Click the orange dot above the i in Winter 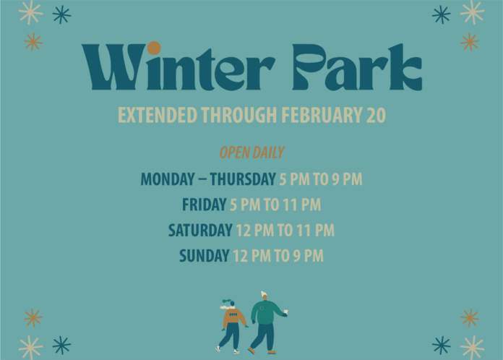tap(154, 48)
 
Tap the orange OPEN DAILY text tap(252, 153)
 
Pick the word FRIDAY tap(204, 205)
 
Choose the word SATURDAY tap(200, 231)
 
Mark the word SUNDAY tap(204, 256)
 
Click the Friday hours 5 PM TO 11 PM tap(275, 205)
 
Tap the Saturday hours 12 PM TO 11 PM tap(285, 231)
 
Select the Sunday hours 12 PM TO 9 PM tap(278, 256)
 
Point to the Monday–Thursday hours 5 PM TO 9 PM tap(321, 179)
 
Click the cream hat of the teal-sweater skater tap(264, 295)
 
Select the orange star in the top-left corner tap(33, 42)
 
